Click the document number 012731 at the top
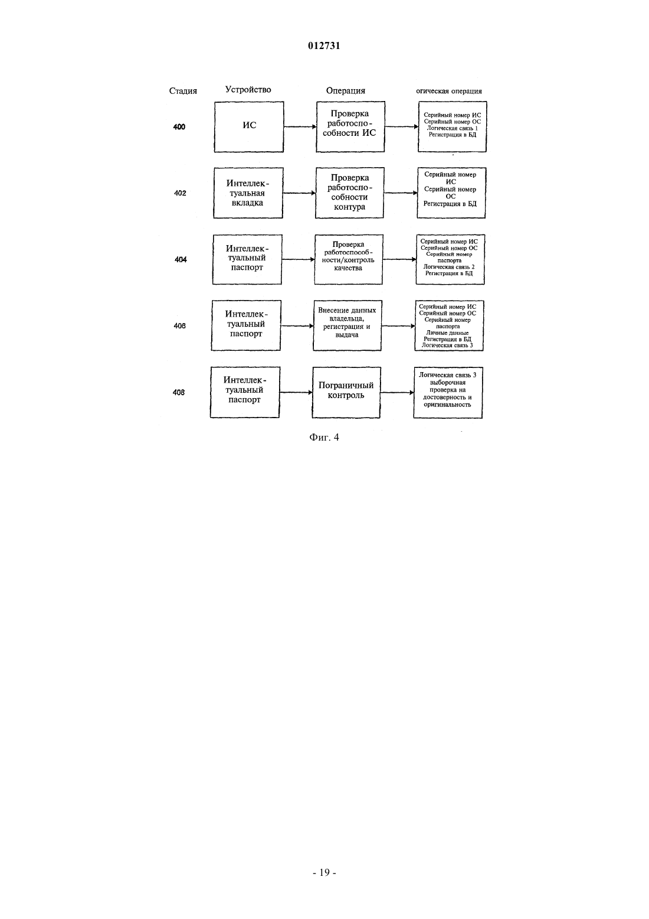(324, 45)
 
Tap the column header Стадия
(183, 91)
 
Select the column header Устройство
(248, 90)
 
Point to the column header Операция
(345, 91)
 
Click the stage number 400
(179, 127)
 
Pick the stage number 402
(180, 193)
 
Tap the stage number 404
(181, 260)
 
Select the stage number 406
(179, 326)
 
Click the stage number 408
(179, 393)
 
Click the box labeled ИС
(249, 127)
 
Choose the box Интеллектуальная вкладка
(248, 193)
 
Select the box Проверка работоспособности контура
(349, 193)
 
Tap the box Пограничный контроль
(346, 393)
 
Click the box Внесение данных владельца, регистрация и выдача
(347, 325)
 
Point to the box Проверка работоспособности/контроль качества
(349, 259)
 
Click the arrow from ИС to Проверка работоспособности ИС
(300, 127)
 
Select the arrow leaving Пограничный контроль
(397, 393)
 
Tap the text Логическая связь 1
(453, 128)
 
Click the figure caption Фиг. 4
(324, 437)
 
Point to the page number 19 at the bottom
(324, 872)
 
